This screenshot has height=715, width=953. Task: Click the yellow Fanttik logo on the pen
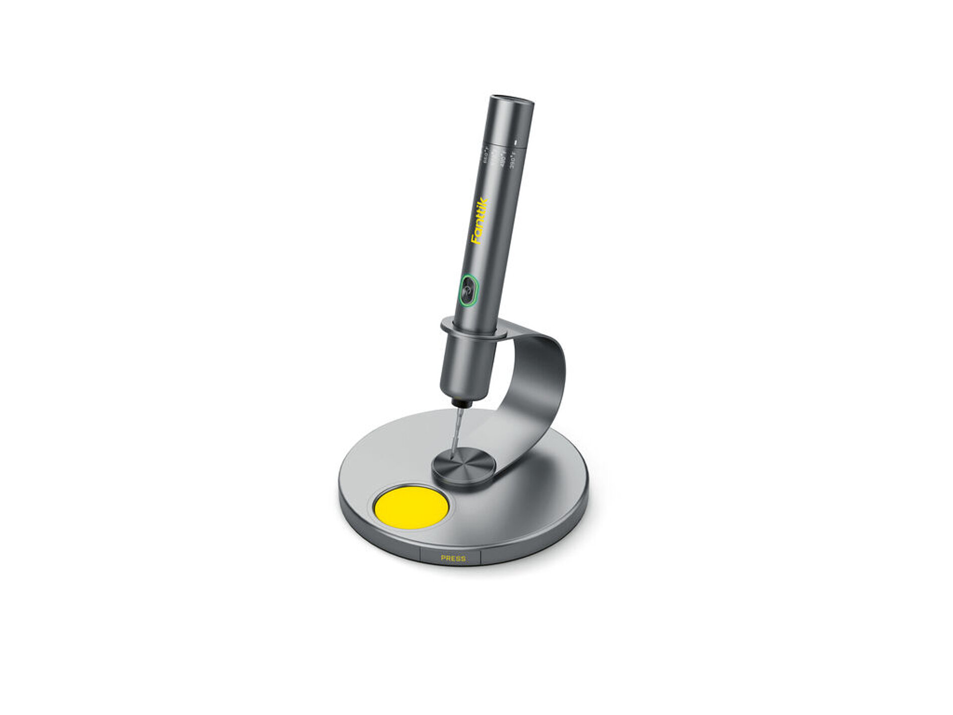tap(480, 221)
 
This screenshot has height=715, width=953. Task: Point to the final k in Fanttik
tap(485, 203)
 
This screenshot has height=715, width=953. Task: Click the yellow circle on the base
tap(411, 507)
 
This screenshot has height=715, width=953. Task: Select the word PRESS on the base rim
tap(453, 558)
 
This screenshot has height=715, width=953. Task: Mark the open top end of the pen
tap(512, 99)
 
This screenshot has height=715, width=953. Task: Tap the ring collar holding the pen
tap(471, 331)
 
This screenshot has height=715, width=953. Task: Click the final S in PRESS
tap(462, 558)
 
